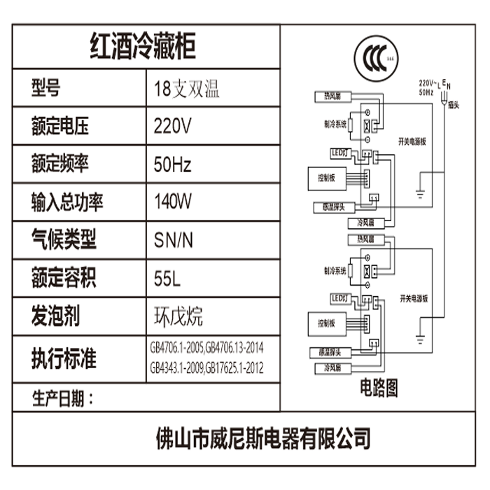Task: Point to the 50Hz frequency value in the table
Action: click(x=172, y=165)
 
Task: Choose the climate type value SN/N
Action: click(x=173, y=241)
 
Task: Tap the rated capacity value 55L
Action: click(x=167, y=278)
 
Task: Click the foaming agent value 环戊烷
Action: click(x=178, y=316)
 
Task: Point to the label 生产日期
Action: click(x=63, y=399)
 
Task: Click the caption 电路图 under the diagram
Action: click(x=379, y=386)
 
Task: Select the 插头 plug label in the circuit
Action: click(x=453, y=104)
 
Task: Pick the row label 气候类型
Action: click(x=64, y=240)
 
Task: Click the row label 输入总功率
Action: click(x=68, y=202)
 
